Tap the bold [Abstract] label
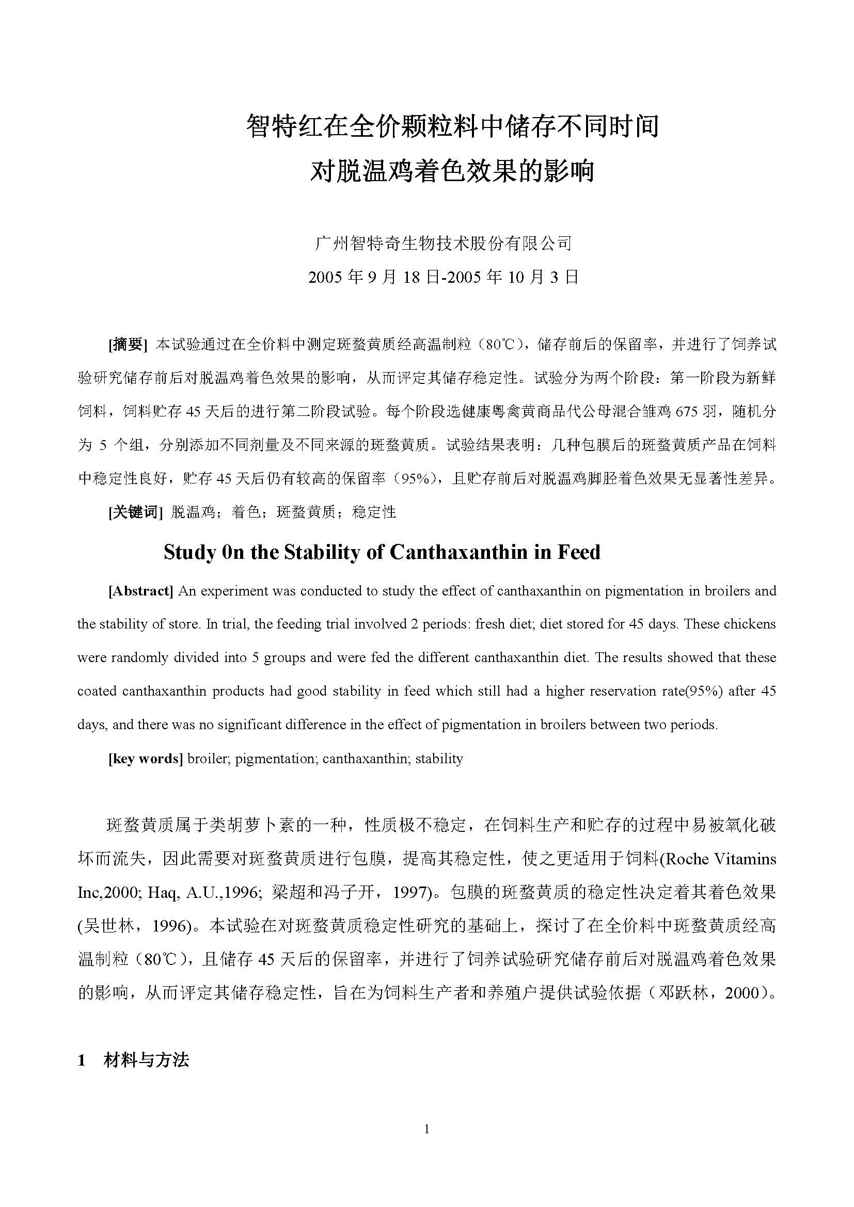pyautogui.click(x=141, y=591)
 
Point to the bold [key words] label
pyautogui.click(x=146, y=759)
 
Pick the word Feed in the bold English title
pyautogui.click(x=578, y=553)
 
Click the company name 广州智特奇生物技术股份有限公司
pyautogui.click(x=442, y=244)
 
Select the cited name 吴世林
pyautogui.click(x=109, y=926)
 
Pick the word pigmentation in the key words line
pyautogui.click(x=275, y=759)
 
